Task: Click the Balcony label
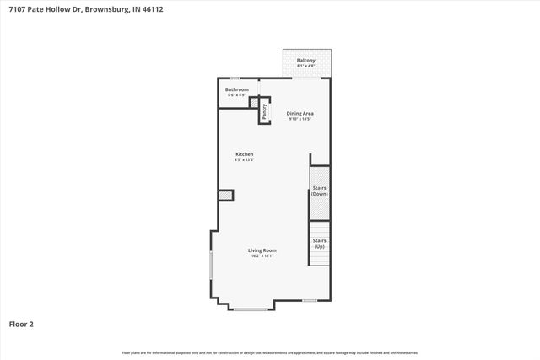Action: click(x=306, y=61)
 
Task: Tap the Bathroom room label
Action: click(x=236, y=89)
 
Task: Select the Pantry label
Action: click(x=264, y=111)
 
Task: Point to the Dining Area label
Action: click(x=300, y=113)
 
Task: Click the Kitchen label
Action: click(x=245, y=154)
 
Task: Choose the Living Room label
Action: click(x=262, y=250)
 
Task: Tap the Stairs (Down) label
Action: click(x=319, y=191)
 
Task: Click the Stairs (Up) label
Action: click(x=319, y=243)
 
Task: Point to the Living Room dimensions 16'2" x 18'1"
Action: click(x=262, y=256)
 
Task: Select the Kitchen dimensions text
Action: click(x=245, y=160)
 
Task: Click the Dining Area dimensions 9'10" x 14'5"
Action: click(x=300, y=119)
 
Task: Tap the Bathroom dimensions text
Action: click(x=236, y=95)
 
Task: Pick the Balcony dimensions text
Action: click(x=306, y=67)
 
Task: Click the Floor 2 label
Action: click(x=21, y=323)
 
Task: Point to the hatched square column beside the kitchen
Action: click(x=225, y=196)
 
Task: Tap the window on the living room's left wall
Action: click(x=210, y=268)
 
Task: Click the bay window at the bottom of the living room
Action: click(x=250, y=309)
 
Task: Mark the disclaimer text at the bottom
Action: click(x=270, y=352)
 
